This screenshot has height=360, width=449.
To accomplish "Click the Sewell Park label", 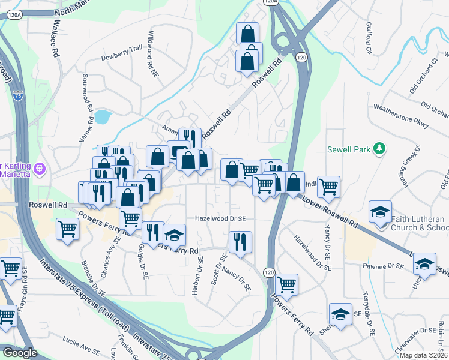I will (349, 149).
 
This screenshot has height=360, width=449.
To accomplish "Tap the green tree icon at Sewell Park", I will (379, 148).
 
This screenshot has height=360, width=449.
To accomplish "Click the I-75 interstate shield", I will (17, 96).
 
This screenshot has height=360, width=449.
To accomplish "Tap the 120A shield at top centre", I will (271, 2).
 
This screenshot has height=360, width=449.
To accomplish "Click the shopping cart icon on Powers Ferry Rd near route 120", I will (287, 283).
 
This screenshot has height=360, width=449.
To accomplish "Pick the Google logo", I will (20, 353).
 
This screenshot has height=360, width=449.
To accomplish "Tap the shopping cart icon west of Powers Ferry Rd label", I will (67, 228).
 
